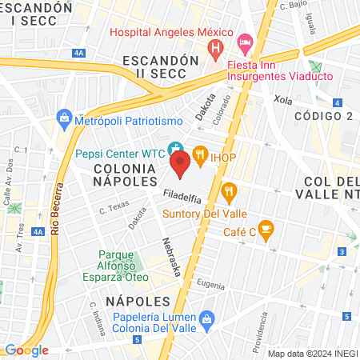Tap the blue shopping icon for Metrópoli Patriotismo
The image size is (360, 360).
[65, 120]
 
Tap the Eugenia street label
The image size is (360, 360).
[210, 284]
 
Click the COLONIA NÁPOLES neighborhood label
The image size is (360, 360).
[124, 175]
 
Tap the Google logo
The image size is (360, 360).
[26, 350]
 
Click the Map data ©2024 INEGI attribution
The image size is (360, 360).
[312, 354]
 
